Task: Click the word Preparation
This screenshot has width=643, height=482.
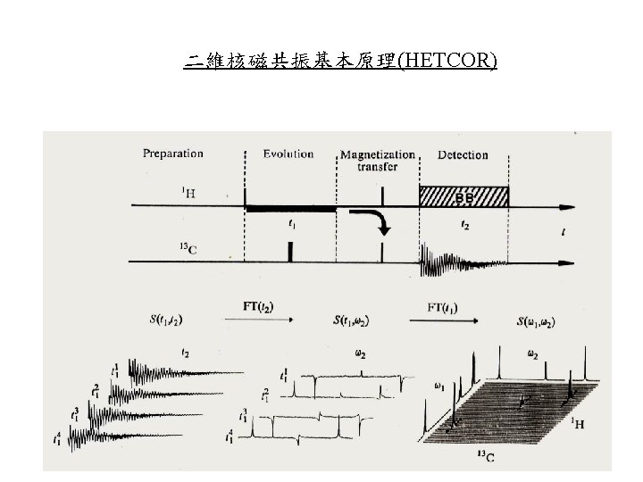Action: click(173, 154)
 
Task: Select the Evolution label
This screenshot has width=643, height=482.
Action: click(288, 154)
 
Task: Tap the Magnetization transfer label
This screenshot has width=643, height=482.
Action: click(378, 160)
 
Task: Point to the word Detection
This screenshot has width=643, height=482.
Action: click(463, 154)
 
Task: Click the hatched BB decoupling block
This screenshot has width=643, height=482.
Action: click(463, 195)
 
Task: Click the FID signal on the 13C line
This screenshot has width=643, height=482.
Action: click(455, 261)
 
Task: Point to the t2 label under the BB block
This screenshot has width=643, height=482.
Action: click(464, 226)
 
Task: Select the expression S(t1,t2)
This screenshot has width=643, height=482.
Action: click(167, 319)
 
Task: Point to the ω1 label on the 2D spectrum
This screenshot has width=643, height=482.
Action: click(439, 387)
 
